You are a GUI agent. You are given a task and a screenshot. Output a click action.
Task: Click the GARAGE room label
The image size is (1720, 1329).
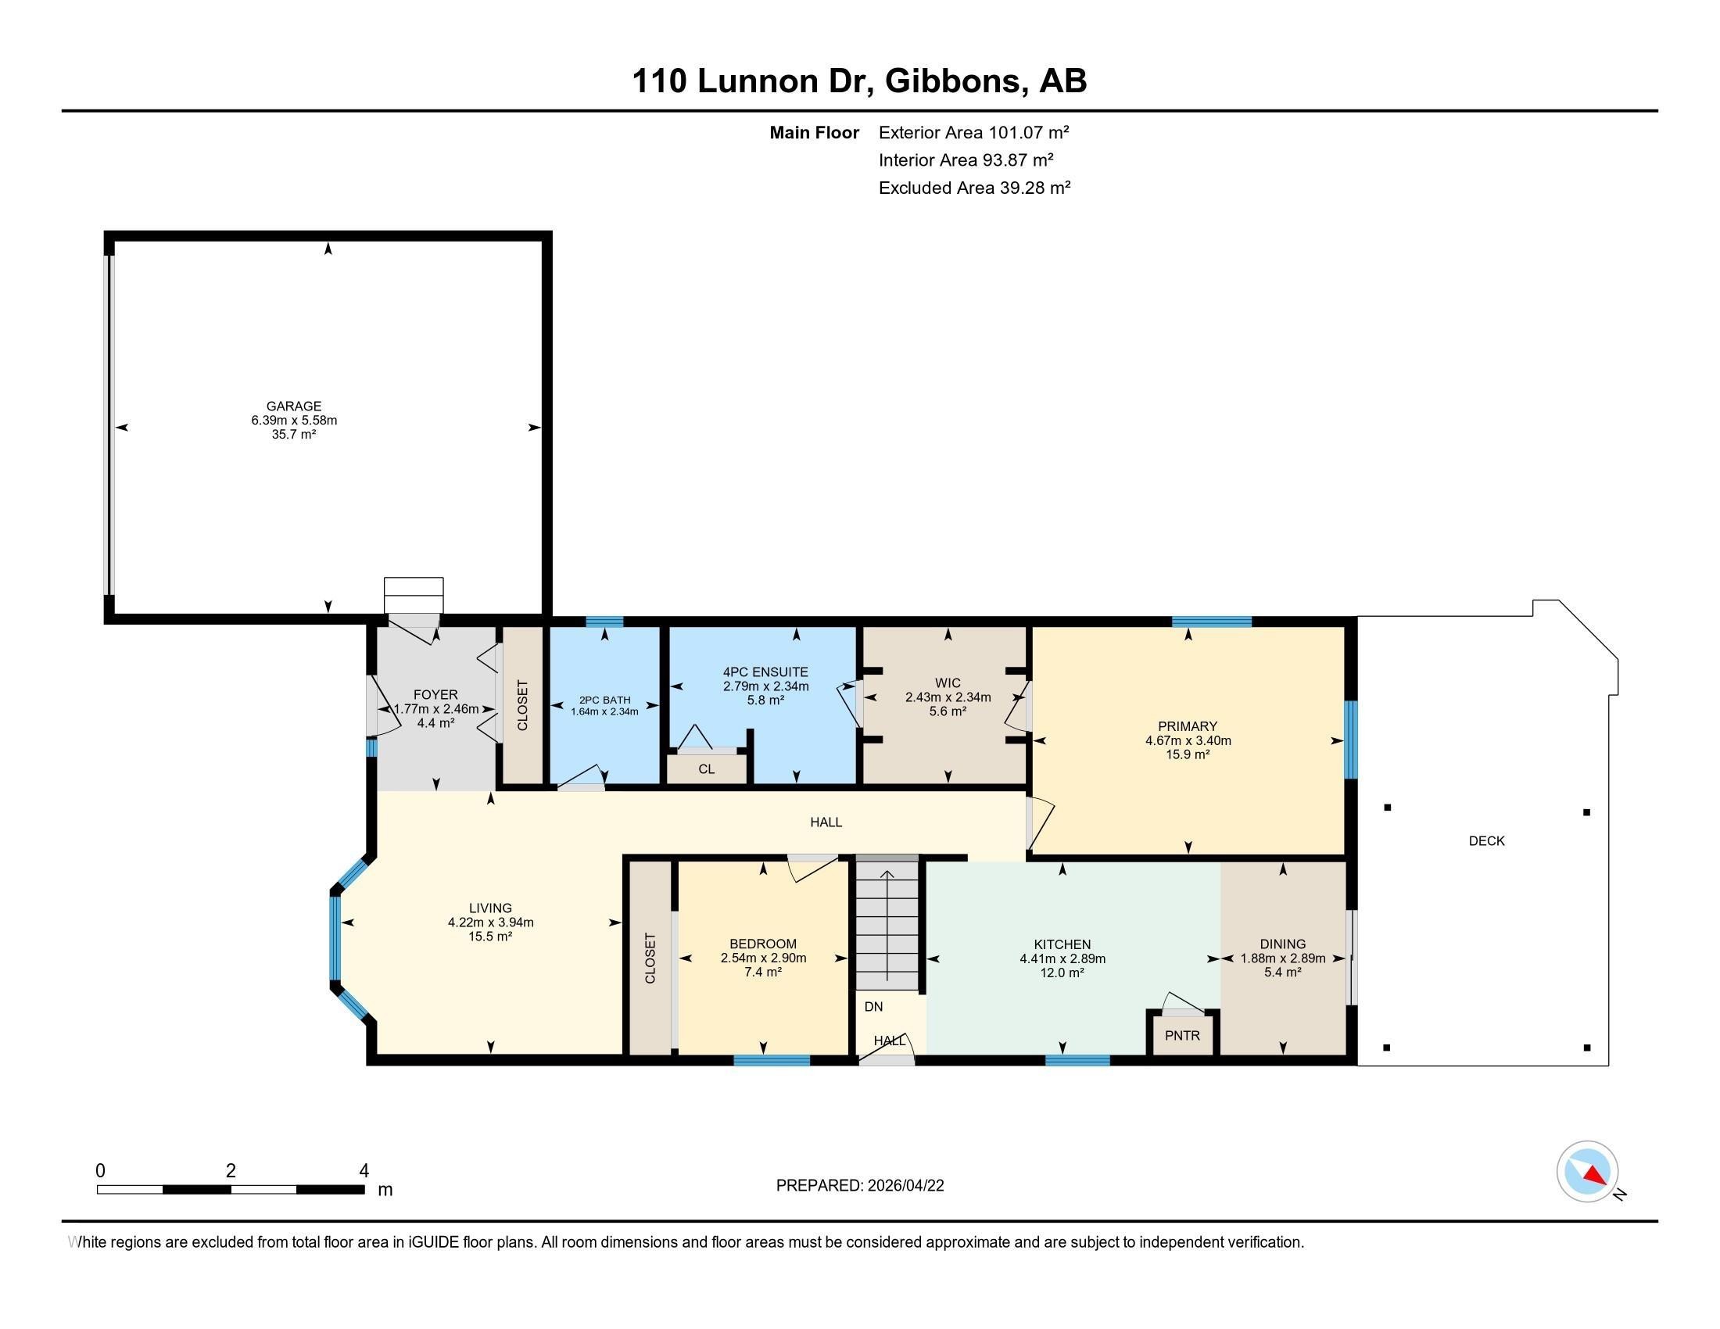pyautogui.click(x=294, y=407)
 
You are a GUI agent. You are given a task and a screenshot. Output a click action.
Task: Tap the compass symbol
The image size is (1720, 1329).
pyautogui.click(x=1588, y=1171)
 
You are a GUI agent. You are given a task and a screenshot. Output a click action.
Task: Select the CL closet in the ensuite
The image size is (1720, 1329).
pyautogui.click(x=707, y=768)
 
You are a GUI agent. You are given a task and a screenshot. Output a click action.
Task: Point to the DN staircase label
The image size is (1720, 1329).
pyautogui.click(x=873, y=1006)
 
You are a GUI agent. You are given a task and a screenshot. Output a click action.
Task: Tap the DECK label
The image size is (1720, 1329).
pyautogui.click(x=1487, y=841)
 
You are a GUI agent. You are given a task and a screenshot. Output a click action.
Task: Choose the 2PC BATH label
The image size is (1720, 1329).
pyautogui.click(x=605, y=700)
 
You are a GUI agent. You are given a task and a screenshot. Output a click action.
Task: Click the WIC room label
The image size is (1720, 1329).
pyautogui.click(x=948, y=683)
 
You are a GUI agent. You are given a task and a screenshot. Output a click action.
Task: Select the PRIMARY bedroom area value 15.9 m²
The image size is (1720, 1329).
pyautogui.click(x=1188, y=754)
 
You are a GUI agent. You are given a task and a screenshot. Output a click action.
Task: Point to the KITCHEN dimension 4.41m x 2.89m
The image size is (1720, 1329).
pyautogui.click(x=1062, y=959)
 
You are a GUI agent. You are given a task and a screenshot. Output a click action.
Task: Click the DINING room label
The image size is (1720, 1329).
pyautogui.click(x=1283, y=944)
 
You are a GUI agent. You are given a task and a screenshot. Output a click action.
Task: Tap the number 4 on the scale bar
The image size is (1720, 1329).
pyautogui.click(x=364, y=1171)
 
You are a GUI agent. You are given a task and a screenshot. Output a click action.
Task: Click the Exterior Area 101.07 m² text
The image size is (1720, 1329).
pyautogui.click(x=974, y=132)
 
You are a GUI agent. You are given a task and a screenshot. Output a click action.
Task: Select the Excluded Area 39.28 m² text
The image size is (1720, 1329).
pyautogui.click(x=975, y=188)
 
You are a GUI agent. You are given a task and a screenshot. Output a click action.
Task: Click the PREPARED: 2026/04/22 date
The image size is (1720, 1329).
pyautogui.click(x=860, y=1186)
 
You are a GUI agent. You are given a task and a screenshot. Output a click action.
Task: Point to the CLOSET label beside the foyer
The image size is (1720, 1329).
pyautogui.click(x=523, y=705)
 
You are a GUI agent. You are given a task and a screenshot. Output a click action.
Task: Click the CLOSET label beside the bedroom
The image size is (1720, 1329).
pyautogui.click(x=650, y=958)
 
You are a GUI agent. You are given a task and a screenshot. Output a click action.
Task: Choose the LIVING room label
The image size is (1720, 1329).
pyautogui.click(x=491, y=908)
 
